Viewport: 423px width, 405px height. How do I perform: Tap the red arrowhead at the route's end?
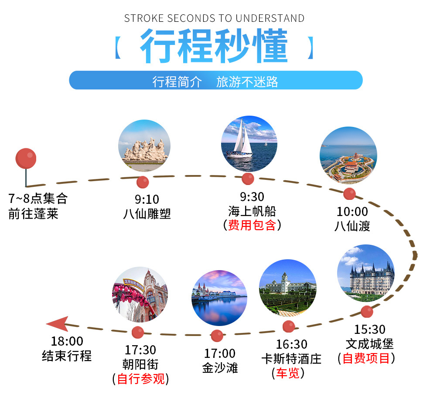tap(58, 323)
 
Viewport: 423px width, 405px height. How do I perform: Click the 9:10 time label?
tap(147, 199)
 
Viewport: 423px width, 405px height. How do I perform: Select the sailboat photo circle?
tap(249, 144)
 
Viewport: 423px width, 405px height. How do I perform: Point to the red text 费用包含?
tap(252, 225)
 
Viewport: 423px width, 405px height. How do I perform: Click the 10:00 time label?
tap(352, 212)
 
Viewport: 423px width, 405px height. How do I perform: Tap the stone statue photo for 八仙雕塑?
tap(144, 146)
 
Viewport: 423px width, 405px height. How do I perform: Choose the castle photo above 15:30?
tap(366, 273)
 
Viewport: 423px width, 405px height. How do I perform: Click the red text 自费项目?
tap(366, 358)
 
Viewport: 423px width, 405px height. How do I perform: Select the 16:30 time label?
tap(292, 344)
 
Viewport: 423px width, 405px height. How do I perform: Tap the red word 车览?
tap(288, 373)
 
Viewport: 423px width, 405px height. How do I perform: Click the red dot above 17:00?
tap(217, 336)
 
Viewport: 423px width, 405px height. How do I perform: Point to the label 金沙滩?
tap(220, 368)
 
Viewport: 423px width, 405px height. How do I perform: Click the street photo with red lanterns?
tap(140, 294)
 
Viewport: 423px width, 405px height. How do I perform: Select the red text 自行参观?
tap(141, 379)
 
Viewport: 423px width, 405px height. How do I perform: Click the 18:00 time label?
tap(67, 341)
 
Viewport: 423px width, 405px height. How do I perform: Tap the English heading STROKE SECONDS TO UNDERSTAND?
tap(214, 18)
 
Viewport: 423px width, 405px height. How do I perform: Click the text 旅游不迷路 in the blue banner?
tap(247, 82)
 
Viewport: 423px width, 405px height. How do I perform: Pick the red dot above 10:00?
tap(349, 194)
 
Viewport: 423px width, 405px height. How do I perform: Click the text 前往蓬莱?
tap(34, 213)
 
